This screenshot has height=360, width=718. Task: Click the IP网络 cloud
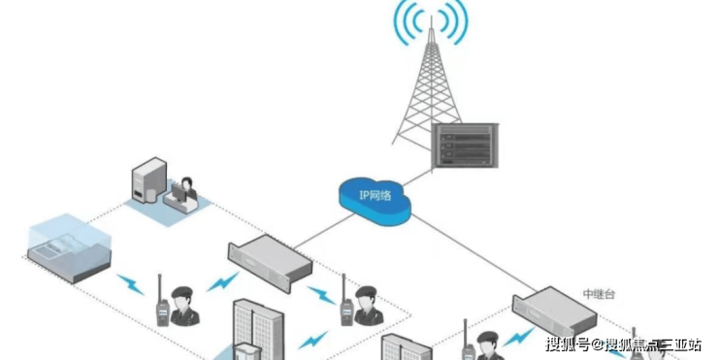pos(375,201)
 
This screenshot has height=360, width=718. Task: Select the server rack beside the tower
pos(465,146)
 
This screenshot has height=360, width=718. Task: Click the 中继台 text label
pos(599,294)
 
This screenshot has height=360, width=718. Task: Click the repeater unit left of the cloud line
pos(270,262)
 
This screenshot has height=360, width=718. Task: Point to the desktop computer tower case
pos(148,180)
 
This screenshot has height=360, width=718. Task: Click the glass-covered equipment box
pos(70,247)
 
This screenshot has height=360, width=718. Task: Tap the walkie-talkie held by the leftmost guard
pos(162,302)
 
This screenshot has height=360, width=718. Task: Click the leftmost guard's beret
pos(182,291)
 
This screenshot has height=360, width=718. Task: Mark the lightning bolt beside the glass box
pos(131,284)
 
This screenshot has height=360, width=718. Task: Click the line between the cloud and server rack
pos(417,178)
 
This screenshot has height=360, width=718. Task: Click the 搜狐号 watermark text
pos(568,344)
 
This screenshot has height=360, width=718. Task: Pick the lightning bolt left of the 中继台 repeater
pos(518,338)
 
